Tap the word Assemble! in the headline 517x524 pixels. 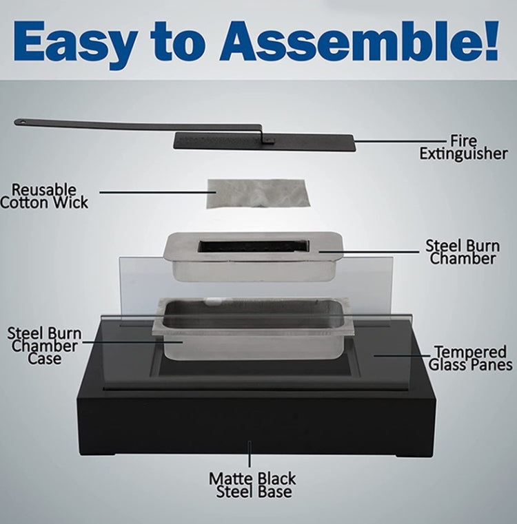pos(359,41)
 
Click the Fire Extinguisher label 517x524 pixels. pos(463,147)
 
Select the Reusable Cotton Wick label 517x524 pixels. pos(44,196)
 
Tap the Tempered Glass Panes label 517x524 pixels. pos(470,358)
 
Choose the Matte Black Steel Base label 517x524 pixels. pos(253,485)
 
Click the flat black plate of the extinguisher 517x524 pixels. pos(264,140)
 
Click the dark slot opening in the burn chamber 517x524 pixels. pos(253,246)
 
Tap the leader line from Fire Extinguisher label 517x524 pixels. pos(401,141)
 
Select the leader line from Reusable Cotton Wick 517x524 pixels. pos(158,192)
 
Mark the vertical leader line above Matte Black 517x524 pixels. pos(250,454)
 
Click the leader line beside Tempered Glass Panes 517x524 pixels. pos(403,355)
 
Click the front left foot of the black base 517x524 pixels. pos(99,454)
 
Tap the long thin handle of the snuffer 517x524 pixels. pos(138,125)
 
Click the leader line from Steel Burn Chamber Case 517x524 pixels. pos(132,342)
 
